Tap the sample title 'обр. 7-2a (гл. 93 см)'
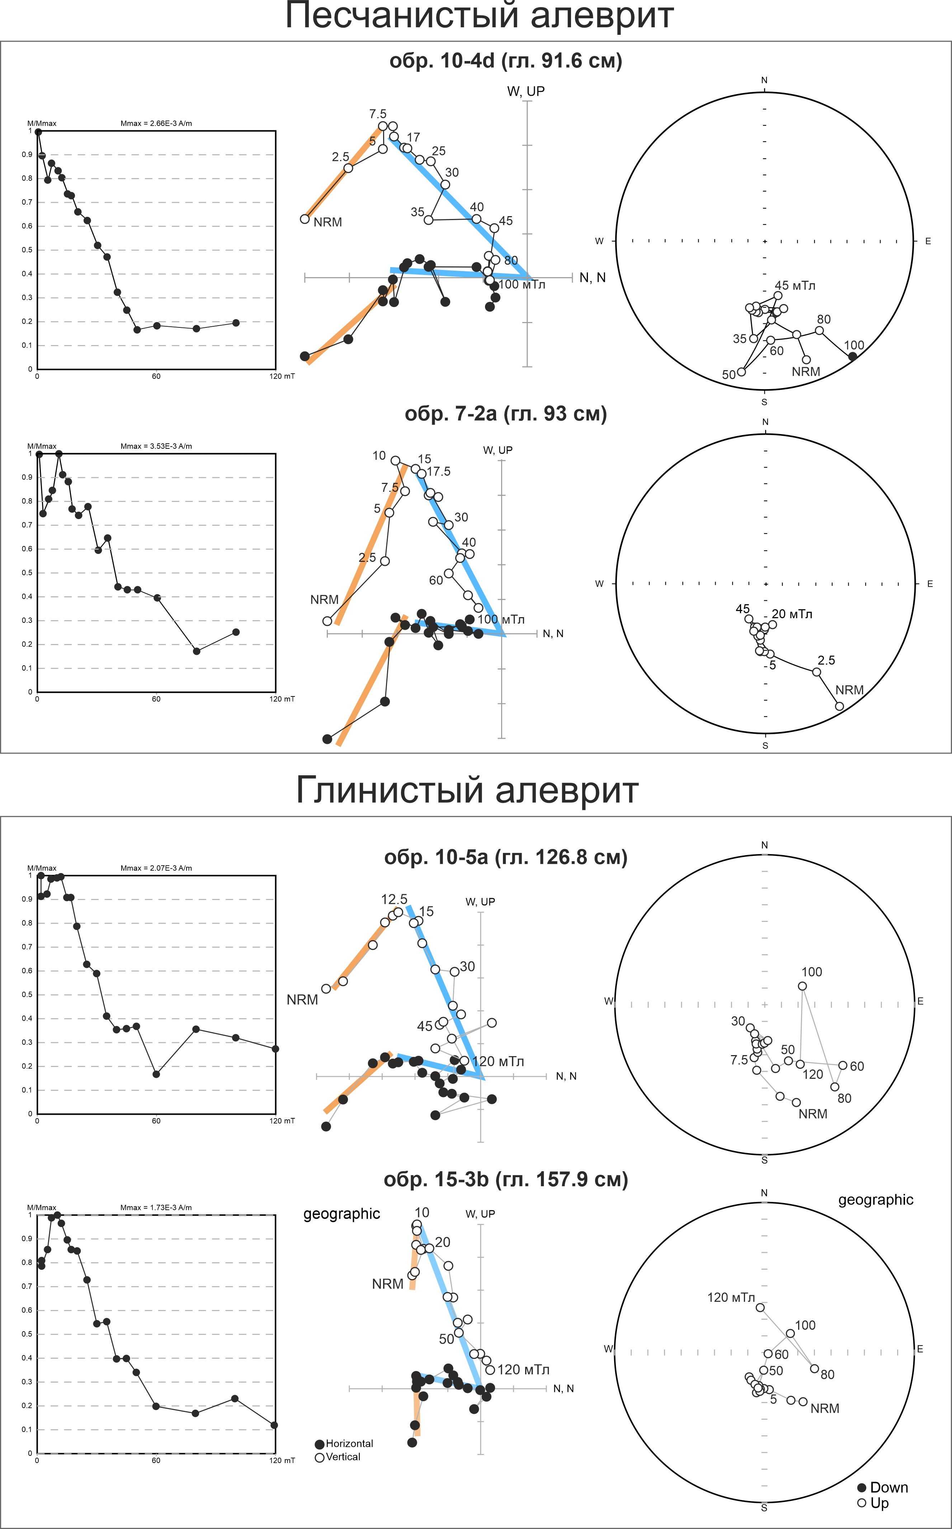[505, 414]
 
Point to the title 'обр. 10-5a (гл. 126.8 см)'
[505, 857]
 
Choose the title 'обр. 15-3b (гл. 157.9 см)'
[505, 1179]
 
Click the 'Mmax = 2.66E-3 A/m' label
[156, 123]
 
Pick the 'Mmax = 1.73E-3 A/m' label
[156, 1208]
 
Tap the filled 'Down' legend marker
[862, 1487]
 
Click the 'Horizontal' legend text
[349, 1443]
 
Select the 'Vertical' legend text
[343, 1456]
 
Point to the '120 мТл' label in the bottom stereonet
[730, 1297]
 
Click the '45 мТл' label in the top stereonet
[795, 285]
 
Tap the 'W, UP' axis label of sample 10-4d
[526, 91]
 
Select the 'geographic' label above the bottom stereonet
[875, 1199]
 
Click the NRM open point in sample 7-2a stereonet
[839, 706]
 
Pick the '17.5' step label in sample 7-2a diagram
[439, 472]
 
